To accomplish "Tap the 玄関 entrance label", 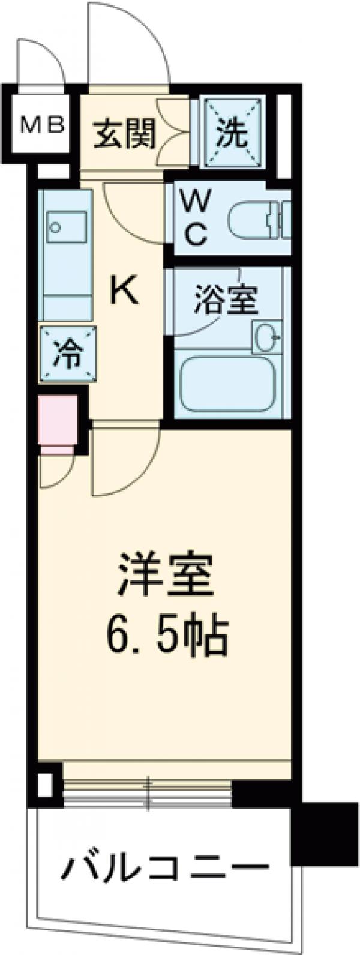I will [124, 133].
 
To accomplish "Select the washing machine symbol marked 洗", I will [232, 133].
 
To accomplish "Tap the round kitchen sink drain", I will [56, 228].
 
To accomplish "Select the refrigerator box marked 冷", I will [67, 354].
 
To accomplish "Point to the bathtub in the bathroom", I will [228, 384].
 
